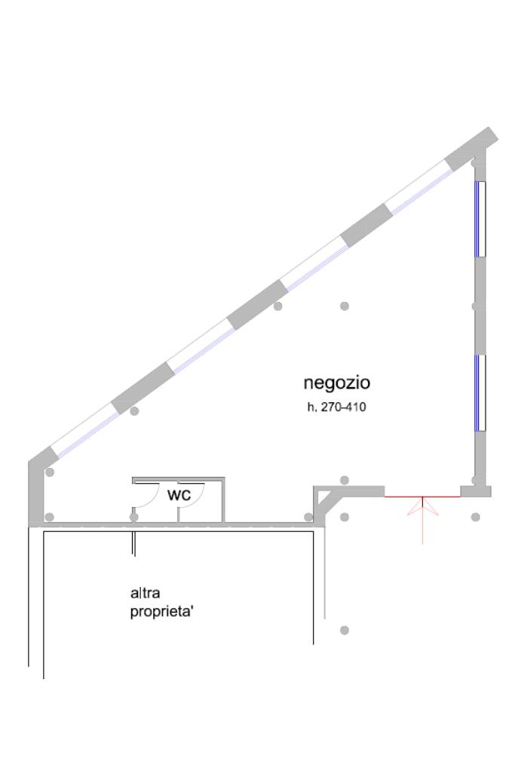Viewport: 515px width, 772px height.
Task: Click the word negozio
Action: (336, 383)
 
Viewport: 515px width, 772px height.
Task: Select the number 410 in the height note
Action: (355, 408)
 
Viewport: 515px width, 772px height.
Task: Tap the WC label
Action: (179, 495)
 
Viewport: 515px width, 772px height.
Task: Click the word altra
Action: (145, 594)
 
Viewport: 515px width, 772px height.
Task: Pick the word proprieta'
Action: (163, 611)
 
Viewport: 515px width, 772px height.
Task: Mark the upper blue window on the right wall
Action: (480, 218)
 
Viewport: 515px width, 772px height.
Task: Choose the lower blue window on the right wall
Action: (480, 392)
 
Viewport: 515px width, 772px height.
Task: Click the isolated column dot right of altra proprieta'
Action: (345, 630)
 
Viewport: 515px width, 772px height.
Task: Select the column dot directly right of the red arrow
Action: (475, 517)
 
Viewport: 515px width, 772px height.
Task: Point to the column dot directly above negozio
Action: (345, 306)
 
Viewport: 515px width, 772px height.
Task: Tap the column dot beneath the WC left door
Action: (134, 517)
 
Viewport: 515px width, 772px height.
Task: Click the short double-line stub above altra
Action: (134, 543)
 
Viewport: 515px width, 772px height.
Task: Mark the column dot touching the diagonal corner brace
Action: (308, 517)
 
